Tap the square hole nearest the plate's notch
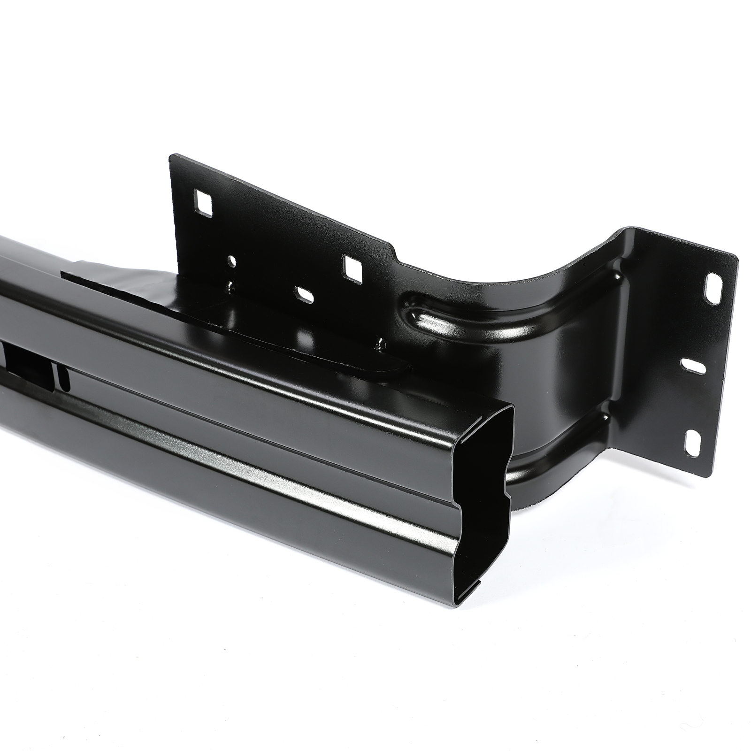coord(353,270)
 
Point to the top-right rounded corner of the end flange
coord(732,255)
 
